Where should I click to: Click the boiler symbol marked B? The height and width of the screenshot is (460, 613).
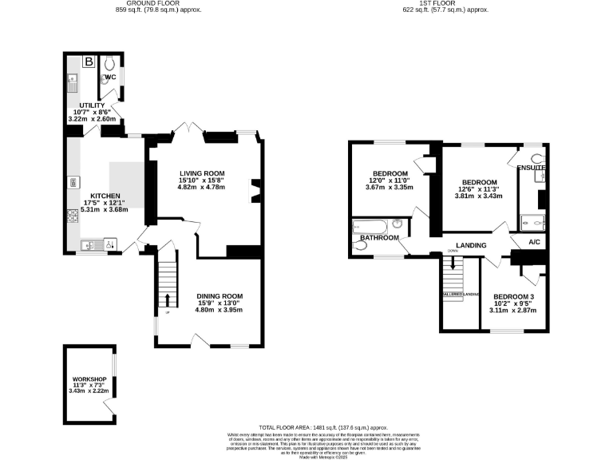(x=89, y=61)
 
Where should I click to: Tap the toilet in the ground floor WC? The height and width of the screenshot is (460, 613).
(x=109, y=63)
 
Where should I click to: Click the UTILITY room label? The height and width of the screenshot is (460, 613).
(x=91, y=105)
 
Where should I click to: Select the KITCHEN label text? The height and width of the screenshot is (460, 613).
(x=105, y=196)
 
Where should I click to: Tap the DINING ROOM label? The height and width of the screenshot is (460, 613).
(x=219, y=295)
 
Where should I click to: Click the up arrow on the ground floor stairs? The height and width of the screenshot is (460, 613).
(x=168, y=300)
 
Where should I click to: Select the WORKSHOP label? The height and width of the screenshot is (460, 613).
(x=89, y=378)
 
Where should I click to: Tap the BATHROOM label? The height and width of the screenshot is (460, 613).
(x=378, y=238)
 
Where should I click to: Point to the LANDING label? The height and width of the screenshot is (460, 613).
(x=472, y=245)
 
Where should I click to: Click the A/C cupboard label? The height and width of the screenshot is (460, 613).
(x=534, y=241)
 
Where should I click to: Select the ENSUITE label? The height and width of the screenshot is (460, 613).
(x=531, y=169)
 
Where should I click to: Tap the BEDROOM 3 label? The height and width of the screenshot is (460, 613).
(x=513, y=297)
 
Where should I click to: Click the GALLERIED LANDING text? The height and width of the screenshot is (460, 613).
(x=460, y=295)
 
